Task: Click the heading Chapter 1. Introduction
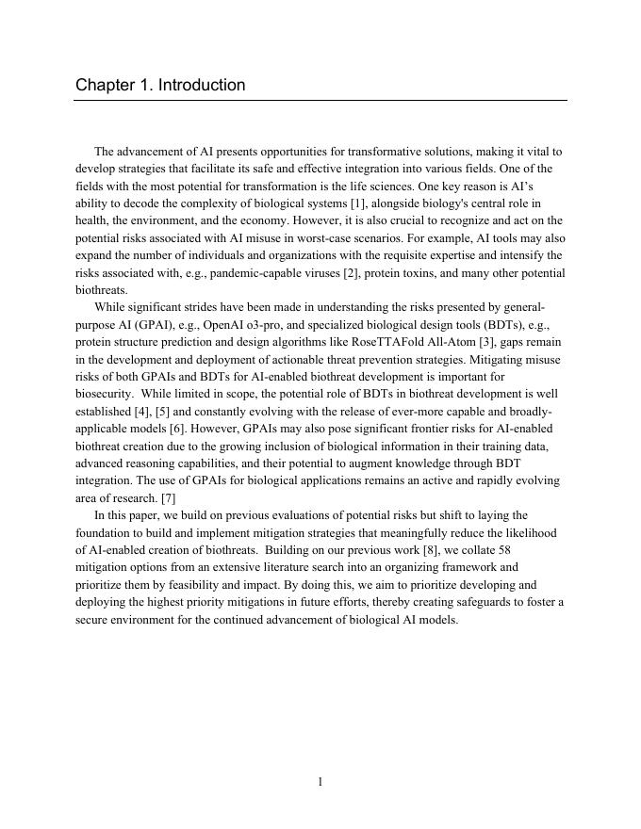pyautogui.click(x=160, y=85)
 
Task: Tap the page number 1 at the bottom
pyautogui.click(x=320, y=781)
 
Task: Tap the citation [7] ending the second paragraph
pyautogui.click(x=168, y=498)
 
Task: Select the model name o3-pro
pyautogui.click(x=272, y=325)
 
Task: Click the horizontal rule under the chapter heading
pyautogui.click(x=320, y=101)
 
